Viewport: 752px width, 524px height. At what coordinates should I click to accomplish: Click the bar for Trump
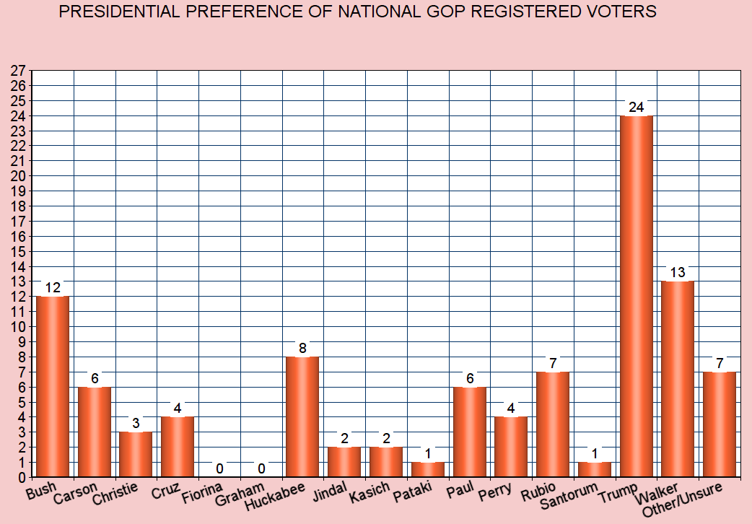coord(637,296)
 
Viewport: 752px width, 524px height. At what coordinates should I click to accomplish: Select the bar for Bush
coord(53,386)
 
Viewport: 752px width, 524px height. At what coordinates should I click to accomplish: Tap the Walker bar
coord(678,379)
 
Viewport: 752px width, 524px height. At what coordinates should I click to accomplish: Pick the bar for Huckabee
coord(303,416)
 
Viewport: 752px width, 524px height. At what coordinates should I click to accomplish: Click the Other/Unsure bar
coord(720,424)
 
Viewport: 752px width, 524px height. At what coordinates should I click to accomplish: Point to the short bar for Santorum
coord(595,469)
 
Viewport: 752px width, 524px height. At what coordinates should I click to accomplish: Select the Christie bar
coord(136,454)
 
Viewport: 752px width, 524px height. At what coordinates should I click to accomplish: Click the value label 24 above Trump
coord(636,108)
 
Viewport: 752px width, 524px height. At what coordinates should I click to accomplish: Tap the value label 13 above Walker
coord(678,273)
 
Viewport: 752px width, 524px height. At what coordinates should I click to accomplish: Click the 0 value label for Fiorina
coord(219,468)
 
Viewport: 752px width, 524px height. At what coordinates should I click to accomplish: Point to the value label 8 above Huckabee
coord(303,349)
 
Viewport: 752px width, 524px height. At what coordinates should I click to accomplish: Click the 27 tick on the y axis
coord(18,71)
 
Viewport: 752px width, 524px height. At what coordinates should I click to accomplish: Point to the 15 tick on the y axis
coord(18,251)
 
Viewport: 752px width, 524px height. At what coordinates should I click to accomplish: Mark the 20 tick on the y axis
coord(18,176)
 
